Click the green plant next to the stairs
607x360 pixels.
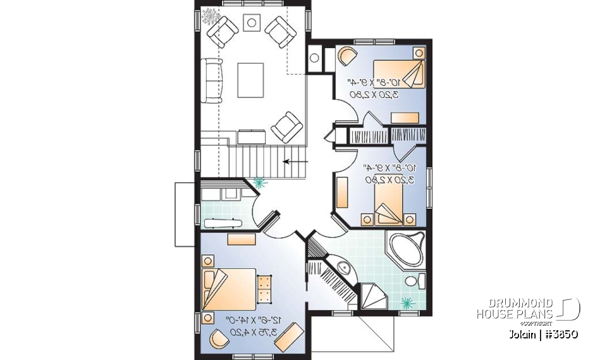(x=259, y=183)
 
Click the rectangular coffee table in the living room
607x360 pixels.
(x=252, y=79)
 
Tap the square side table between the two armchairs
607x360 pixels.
(x=252, y=23)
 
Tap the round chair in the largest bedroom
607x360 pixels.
(x=218, y=340)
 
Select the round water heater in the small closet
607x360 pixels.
(x=316, y=58)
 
